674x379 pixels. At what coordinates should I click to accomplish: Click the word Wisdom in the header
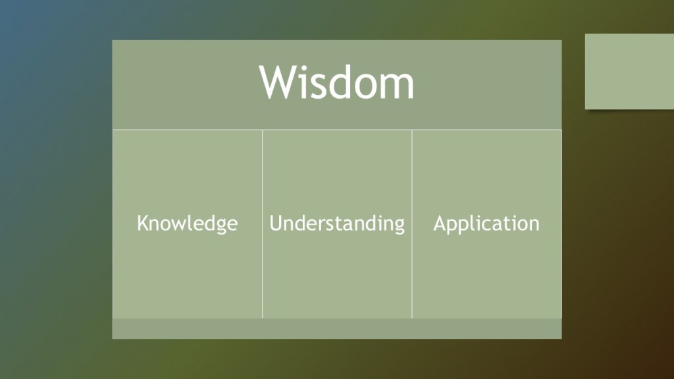(x=336, y=82)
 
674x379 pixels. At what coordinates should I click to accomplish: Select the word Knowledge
(x=187, y=224)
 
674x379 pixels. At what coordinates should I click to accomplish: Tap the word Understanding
(x=337, y=224)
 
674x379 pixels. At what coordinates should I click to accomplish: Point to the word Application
(x=486, y=224)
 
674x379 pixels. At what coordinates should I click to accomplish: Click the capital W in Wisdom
(x=277, y=82)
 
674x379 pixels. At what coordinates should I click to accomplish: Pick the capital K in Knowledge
(x=142, y=223)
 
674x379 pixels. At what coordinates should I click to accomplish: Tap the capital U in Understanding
(x=276, y=223)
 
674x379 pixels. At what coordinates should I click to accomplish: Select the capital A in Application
(x=439, y=223)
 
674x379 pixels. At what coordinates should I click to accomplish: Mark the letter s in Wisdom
(x=318, y=88)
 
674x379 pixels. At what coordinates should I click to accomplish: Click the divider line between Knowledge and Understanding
(x=262, y=224)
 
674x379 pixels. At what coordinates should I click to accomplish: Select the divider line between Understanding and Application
(x=412, y=224)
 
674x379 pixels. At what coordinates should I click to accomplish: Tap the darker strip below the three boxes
(x=337, y=329)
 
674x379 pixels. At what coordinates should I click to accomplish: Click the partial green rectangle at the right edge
(x=630, y=71)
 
